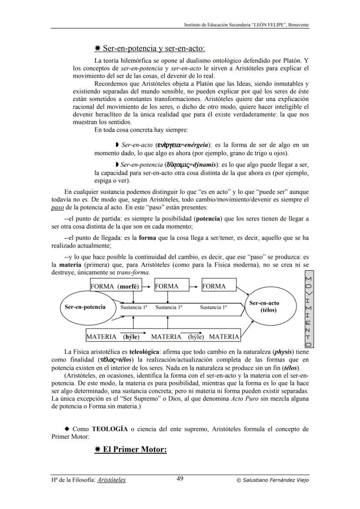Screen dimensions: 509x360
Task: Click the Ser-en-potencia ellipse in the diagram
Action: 85,307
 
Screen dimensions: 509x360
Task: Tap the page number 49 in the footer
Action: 180,479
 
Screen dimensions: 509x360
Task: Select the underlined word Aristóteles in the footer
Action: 112,480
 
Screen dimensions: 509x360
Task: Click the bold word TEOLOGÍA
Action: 110,429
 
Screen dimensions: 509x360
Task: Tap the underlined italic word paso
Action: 57,207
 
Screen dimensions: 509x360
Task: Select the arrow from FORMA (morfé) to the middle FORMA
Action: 147,286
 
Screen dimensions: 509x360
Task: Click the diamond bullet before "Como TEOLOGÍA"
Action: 67,429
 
